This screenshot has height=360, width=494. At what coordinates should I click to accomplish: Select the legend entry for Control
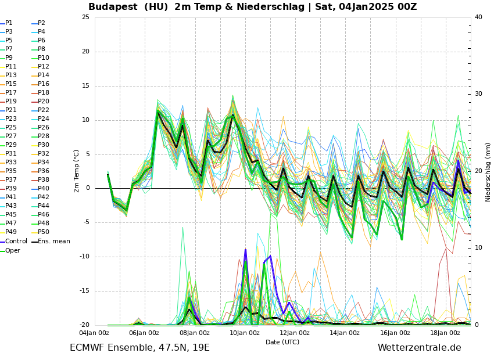(16, 242)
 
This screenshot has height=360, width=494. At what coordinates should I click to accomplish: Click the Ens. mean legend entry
(53, 242)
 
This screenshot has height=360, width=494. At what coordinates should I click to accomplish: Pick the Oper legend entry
(13, 251)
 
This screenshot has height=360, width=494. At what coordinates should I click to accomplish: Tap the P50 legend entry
(44, 232)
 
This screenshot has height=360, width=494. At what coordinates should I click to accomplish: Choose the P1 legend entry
(9, 23)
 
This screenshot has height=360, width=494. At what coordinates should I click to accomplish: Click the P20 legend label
(44, 102)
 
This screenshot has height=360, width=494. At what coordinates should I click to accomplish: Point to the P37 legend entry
(11, 180)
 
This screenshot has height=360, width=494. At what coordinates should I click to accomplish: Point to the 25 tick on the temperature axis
(85, 17)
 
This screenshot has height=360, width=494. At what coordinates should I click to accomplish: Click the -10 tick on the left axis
(84, 257)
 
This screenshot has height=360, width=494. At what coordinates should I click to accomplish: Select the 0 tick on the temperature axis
(87, 188)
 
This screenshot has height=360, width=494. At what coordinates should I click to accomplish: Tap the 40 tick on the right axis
(478, 17)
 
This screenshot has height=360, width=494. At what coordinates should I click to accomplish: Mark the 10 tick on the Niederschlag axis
(478, 248)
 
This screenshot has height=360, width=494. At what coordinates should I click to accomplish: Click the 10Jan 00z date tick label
(245, 333)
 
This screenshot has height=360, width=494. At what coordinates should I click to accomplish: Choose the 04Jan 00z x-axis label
(94, 333)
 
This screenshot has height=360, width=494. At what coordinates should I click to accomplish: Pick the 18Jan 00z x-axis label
(445, 333)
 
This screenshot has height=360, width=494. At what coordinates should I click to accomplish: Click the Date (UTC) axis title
(282, 343)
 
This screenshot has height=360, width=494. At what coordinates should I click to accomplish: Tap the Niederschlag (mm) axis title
(488, 172)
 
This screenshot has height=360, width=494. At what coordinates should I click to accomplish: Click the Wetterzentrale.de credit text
(419, 348)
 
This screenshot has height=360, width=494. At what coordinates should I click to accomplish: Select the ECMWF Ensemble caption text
(139, 348)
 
